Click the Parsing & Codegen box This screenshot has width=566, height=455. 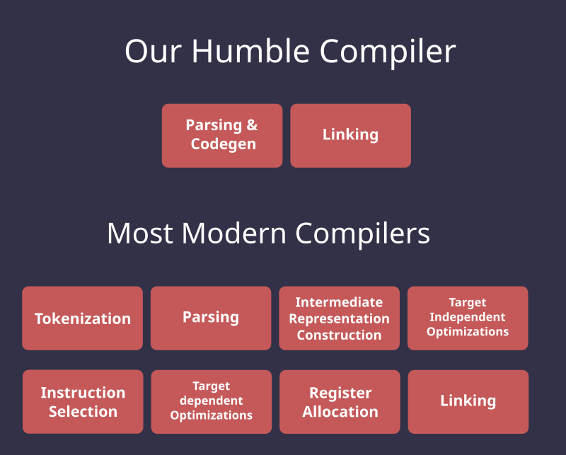[222, 135]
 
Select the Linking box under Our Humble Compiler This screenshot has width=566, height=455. [350, 135]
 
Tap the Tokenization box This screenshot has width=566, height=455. [82, 318]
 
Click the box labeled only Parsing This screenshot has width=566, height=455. [211, 318]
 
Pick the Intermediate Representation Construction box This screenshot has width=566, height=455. [340, 318]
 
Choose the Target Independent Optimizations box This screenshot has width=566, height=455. [468, 318]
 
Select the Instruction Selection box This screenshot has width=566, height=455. [83, 401]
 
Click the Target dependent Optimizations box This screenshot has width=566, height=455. [211, 401]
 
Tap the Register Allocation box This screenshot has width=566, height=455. [340, 401]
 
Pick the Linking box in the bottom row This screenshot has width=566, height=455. [468, 401]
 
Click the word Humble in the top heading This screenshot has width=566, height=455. [250, 51]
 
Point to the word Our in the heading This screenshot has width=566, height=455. [153, 51]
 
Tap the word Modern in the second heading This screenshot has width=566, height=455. [234, 234]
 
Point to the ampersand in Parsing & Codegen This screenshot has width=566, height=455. [253, 125]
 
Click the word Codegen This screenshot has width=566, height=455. [224, 144]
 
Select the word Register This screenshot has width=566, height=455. [340, 393]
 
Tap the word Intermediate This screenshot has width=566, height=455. [339, 302]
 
